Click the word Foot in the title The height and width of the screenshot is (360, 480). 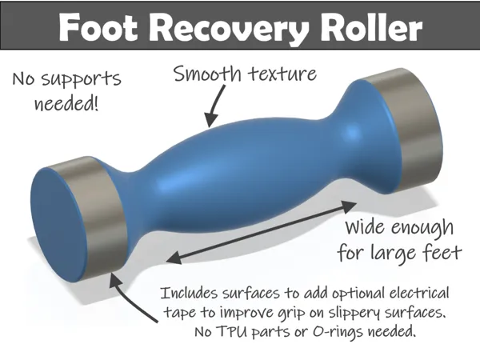(98, 27)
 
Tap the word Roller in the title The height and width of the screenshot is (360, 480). (371, 26)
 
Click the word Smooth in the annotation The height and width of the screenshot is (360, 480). (207, 74)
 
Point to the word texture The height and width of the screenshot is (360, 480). (282, 74)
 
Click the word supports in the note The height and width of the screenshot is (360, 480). (81, 79)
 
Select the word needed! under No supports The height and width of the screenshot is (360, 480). (66, 103)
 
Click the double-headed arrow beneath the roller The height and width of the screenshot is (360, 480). (262, 232)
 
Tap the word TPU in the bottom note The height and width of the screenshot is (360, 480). (231, 331)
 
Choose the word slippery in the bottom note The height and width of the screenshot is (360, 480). (355, 313)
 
